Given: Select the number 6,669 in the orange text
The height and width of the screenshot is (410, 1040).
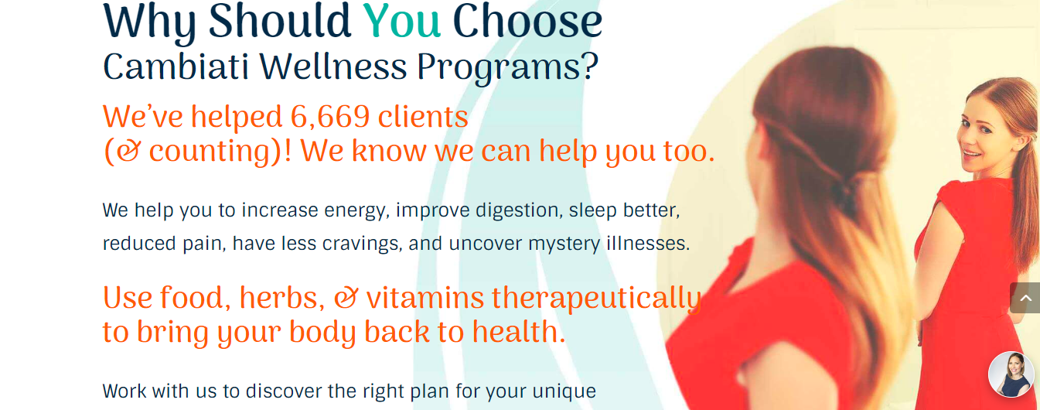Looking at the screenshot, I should [x=329, y=117].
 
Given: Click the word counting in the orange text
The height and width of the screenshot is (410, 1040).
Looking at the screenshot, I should [x=209, y=152].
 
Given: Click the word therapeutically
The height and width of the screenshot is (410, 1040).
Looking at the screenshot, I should [x=596, y=298].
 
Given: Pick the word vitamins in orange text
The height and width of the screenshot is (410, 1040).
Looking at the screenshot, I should [x=425, y=298].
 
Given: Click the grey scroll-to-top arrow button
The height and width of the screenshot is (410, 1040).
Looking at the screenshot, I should [x=1025, y=298].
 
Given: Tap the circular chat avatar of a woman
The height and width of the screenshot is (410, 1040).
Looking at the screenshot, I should [x=1011, y=374].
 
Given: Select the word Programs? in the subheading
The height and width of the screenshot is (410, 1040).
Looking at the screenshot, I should [x=508, y=67].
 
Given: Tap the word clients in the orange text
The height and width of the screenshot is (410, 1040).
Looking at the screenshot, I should [x=423, y=117].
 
